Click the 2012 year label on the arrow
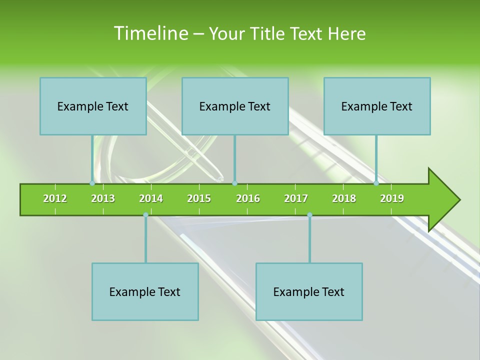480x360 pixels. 55,198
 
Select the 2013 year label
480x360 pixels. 103,198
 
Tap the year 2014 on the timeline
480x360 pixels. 151,198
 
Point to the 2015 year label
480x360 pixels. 199,198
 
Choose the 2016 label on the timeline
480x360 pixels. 248,198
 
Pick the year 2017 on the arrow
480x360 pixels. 296,198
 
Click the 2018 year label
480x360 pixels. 344,198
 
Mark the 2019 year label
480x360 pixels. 392,198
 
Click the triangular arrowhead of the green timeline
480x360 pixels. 443,200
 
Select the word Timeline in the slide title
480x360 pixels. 150,33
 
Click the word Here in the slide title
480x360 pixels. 346,33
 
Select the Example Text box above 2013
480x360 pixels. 93,106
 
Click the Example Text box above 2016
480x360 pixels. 235,106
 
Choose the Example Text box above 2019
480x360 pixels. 377,106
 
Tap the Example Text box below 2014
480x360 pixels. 145,291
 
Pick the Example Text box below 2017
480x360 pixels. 309,291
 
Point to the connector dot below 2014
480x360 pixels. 145,215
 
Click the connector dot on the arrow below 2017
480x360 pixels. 309,215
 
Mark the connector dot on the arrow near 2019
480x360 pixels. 376,183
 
